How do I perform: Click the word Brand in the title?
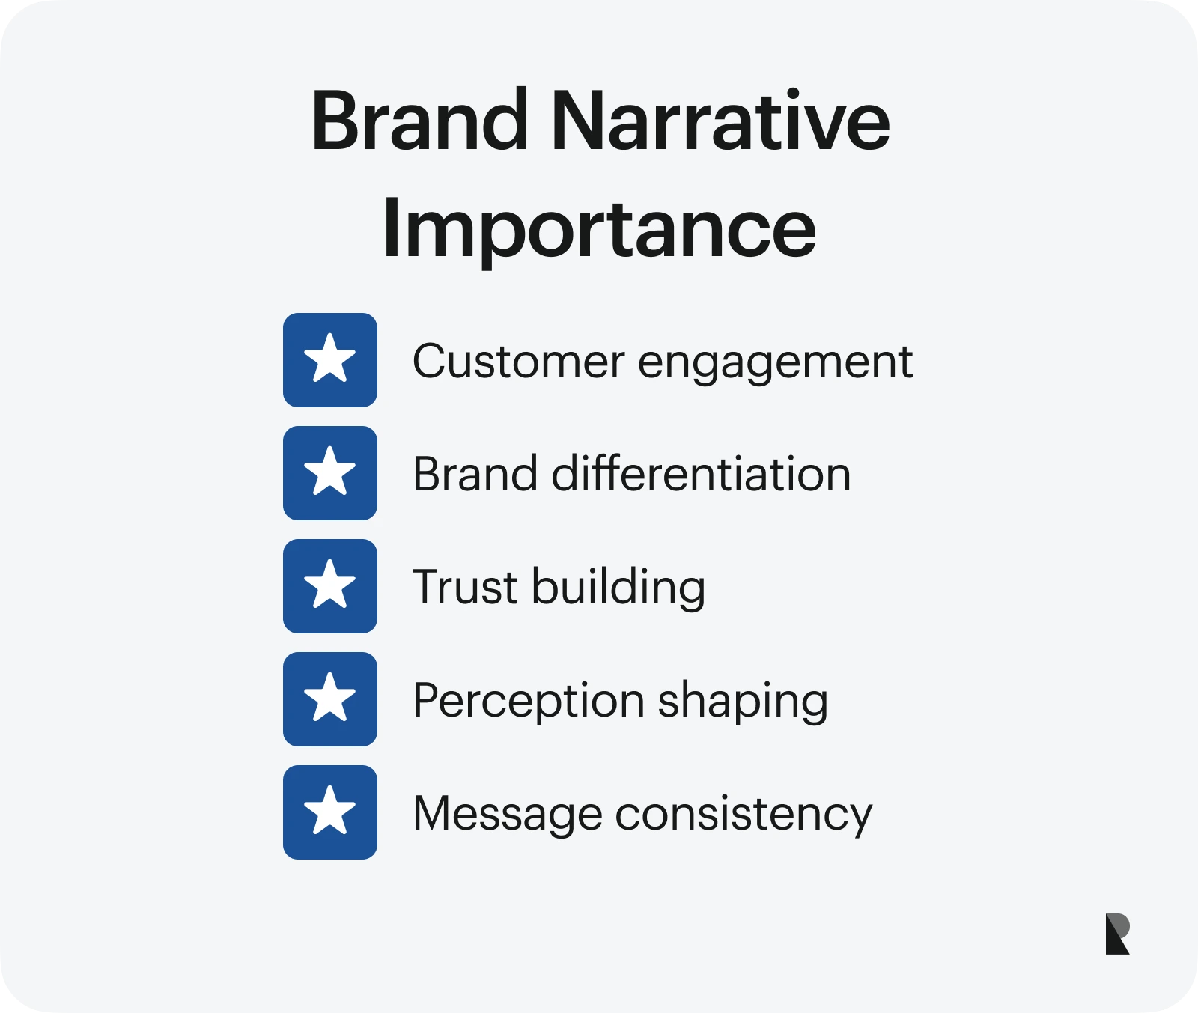[x=420, y=120]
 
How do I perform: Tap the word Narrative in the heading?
[x=721, y=120]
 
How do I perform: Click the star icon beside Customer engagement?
[x=330, y=360]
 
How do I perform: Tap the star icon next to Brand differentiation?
[x=330, y=473]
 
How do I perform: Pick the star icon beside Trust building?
[x=330, y=586]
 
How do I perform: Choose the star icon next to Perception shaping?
[x=330, y=699]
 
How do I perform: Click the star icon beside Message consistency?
[x=330, y=812]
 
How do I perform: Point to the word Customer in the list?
[x=519, y=362]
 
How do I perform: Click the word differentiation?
[x=701, y=474]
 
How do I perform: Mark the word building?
[x=618, y=589]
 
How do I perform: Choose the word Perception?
[x=529, y=703]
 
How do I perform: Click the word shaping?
[x=743, y=703]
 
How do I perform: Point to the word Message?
[x=508, y=815]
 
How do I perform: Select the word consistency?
[x=744, y=815]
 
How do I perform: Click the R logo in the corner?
[x=1117, y=934]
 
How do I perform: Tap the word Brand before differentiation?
[x=475, y=474]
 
